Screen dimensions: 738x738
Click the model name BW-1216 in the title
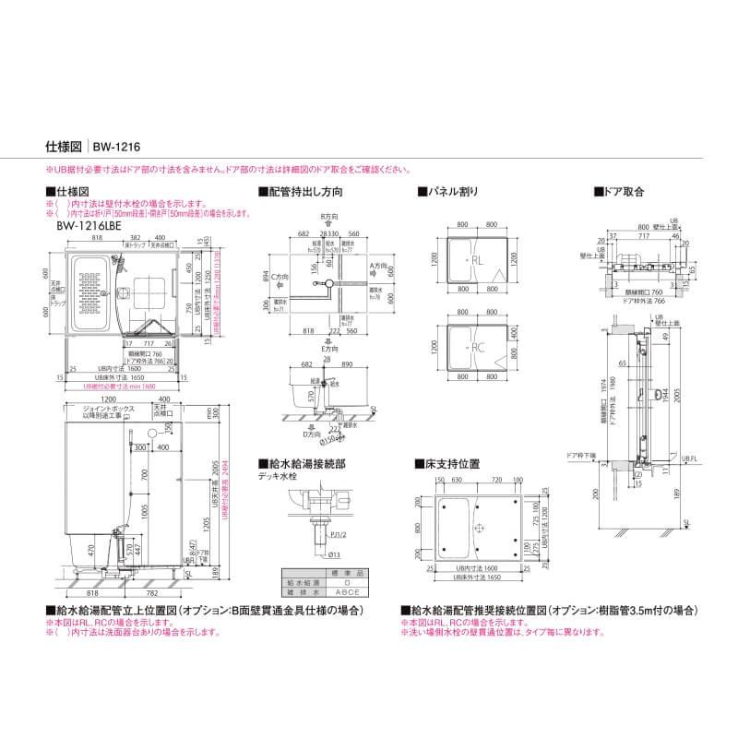pos(115,146)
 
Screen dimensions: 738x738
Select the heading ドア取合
pos(622,192)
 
